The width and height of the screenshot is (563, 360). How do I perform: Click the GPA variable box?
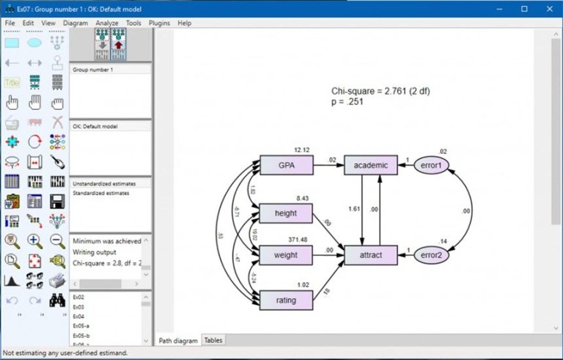287,166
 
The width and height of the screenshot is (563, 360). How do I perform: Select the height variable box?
287,213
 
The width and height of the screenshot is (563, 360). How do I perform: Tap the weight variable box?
287,255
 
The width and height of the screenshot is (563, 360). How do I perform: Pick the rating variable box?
287,299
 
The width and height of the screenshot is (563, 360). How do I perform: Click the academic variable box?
370,166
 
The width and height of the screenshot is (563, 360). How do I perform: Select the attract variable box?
370,255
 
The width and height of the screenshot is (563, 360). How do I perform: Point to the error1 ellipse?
431,166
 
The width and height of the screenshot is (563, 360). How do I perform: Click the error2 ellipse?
431,255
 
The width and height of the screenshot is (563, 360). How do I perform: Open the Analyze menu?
107,23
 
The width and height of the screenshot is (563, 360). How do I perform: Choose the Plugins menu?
159,23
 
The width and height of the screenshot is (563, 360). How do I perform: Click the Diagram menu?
76,23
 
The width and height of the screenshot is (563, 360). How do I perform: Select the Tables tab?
213,340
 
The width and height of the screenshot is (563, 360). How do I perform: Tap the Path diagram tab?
178,340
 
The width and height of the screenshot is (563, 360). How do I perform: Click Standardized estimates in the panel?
100,193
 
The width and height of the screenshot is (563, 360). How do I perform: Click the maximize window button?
524,8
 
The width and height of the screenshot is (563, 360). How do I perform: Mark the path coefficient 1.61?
353,209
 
